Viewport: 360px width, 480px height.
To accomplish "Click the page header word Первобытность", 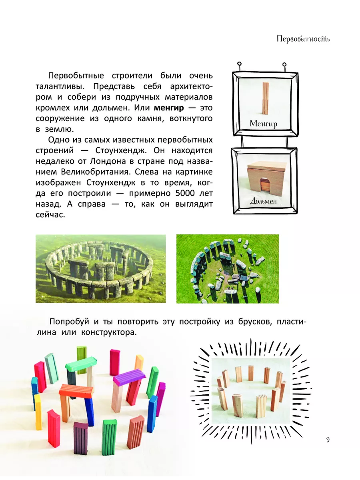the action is [303, 39].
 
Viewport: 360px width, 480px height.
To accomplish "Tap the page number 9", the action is [328, 440].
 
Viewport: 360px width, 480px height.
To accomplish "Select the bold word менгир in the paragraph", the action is [169, 108].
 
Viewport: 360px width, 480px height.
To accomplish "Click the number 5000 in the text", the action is [185, 193].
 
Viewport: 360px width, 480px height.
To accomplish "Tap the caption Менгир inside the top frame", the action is [263, 124].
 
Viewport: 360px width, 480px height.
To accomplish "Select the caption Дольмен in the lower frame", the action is [263, 201].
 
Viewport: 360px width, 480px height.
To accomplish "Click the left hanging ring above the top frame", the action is [239, 64].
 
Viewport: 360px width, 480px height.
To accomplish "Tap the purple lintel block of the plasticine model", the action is [129, 377].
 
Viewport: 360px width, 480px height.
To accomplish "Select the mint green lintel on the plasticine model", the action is [81, 364].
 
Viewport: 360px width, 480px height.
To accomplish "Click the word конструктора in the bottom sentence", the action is [109, 333].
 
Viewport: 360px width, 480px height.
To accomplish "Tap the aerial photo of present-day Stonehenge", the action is [228, 269].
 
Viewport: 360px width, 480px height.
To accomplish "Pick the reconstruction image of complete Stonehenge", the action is [101, 269].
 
